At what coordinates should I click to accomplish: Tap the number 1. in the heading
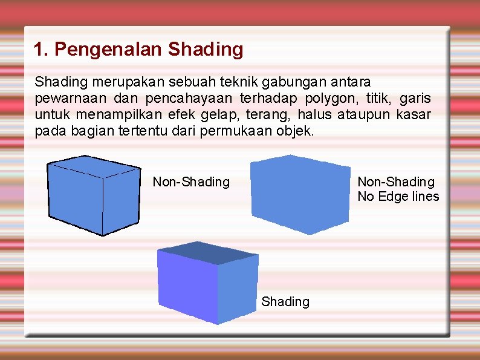pos(41,49)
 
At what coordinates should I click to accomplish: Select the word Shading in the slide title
pos(206,49)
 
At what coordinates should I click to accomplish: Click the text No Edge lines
pos(398,197)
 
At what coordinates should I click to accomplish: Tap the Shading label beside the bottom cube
pos(285,301)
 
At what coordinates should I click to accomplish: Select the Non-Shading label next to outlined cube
pos(191,182)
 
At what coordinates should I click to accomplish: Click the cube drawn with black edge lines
pos(94,194)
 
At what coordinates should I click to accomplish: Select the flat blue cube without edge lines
pos(300,194)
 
